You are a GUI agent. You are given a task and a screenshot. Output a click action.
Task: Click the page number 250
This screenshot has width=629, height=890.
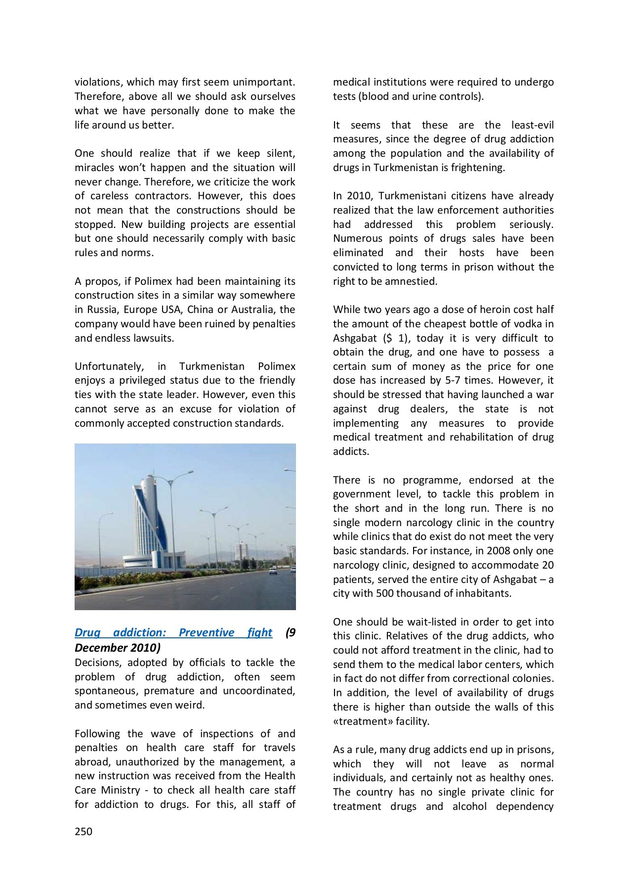84,832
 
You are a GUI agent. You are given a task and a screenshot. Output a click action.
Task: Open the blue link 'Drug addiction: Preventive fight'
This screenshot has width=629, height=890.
173,632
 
